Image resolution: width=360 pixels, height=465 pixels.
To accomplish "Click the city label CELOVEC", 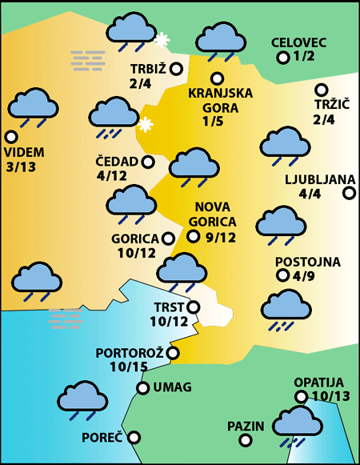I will pyautogui.click(x=299, y=42).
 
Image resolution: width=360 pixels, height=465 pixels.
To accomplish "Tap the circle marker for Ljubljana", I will pyautogui.click(x=349, y=193).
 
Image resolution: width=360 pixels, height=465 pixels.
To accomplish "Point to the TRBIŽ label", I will pyautogui.click(x=147, y=68).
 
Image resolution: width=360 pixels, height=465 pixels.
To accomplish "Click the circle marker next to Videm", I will pyautogui.click(x=10, y=136).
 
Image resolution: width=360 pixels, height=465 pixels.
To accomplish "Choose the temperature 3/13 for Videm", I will pyautogui.click(x=21, y=167).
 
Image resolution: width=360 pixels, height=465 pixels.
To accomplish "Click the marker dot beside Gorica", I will pyautogui.click(x=168, y=238).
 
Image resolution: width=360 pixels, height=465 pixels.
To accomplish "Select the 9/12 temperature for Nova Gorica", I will pyautogui.click(x=221, y=237).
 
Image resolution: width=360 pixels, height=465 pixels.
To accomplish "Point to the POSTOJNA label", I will pyautogui.click(x=308, y=262).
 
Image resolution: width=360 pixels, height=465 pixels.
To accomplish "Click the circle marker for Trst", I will pyautogui.click(x=193, y=307).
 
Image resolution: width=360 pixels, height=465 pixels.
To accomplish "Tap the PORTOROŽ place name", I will pyautogui.click(x=130, y=353).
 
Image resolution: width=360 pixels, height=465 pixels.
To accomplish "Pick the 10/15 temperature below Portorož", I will pyautogui.click(x=129, y=367).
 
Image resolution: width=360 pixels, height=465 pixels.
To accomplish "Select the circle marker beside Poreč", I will pyautogui.click(x=134, y=437).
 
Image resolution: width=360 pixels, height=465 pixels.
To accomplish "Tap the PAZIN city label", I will pyautogui.click(x=245, y=426).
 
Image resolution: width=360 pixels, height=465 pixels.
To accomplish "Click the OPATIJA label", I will pyautogui.click(x=318, y=383).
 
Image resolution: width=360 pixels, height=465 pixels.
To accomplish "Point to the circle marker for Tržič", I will pyautogui.click(x=322, y=90).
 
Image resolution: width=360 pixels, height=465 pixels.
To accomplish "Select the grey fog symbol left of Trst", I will pyautogui.click(x=66, y=319).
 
